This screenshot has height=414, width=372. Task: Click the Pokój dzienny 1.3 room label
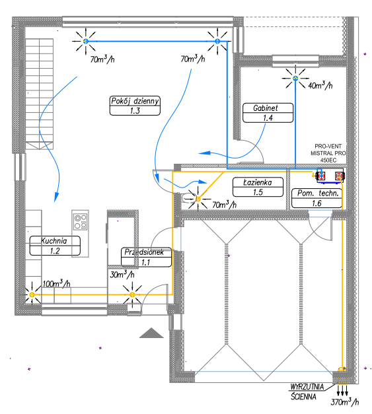point(135,106)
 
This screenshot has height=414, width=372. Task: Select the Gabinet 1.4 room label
point(268,113)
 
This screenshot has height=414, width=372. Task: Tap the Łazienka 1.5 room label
point(258,187)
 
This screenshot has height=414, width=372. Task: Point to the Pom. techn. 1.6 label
point(316,198)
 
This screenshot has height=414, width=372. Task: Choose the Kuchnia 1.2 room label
point(55,246)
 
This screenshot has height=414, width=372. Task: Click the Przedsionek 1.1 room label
point(146,257)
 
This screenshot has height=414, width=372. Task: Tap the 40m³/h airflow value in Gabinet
point(320,85)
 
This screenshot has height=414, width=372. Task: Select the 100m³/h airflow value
point(57,283)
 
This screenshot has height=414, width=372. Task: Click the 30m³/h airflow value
point(122,274)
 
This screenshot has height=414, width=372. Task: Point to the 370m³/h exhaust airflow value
point(345,401)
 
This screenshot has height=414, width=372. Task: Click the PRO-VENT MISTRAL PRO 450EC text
point(328,153)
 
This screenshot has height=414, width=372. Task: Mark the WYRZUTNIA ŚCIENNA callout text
point(307,392)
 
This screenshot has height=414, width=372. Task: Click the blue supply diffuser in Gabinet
point(295,78)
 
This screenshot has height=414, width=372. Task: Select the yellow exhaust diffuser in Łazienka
point(198,199)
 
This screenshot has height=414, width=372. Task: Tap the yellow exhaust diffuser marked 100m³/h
point(32,294)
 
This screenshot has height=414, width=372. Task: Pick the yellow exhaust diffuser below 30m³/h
point(132,294)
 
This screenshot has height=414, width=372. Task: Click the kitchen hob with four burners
point(81,221)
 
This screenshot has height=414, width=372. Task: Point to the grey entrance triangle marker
point(151,333)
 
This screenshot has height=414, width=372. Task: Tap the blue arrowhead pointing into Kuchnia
point(56,197)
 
